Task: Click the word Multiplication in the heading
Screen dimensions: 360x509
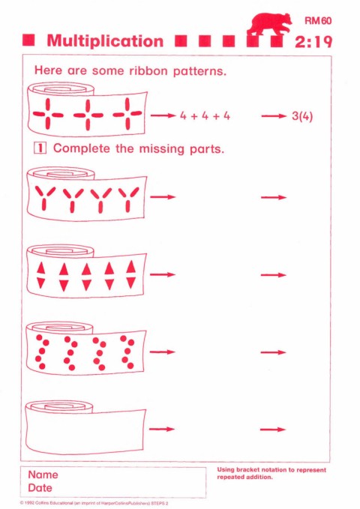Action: click(105, 41)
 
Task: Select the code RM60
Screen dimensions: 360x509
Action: click(318, 21)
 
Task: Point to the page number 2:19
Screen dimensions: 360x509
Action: click(313, 42)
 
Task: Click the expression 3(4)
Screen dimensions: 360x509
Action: click(302, 116)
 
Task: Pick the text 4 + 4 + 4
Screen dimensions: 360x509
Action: click(205, 116)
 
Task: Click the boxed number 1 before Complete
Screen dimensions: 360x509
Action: click(40, 148)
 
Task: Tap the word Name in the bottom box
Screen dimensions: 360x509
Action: click(43, 475)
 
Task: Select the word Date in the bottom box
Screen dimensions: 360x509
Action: click(40, 488)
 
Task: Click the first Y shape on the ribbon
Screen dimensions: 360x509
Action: click(44, 198)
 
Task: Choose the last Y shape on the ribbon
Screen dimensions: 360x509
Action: click(128, 199)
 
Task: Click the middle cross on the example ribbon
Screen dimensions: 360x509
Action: click(88, 115)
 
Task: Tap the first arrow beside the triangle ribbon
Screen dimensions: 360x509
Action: click(163, 274)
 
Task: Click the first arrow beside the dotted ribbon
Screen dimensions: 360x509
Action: click(162, 352)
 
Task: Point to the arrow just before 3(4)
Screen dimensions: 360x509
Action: click(274, 116)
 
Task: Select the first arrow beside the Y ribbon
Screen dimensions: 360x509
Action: click(163, 196)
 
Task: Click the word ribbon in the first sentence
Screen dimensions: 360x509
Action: click(148, 70)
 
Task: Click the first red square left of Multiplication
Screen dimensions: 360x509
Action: click(28, 40)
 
